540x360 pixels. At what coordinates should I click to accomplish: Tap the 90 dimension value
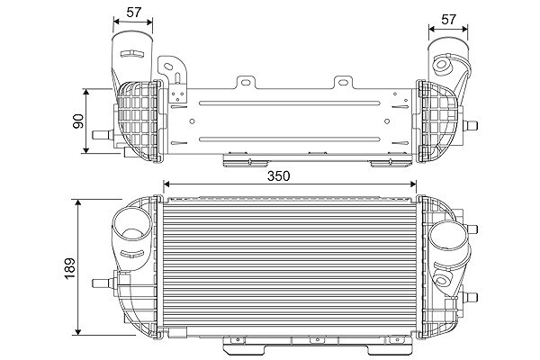click(x=78, y=121)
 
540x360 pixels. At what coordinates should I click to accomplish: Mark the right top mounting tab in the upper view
click(x=343, y=83)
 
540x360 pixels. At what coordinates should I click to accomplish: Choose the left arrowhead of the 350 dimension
click(x=165, y=185)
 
